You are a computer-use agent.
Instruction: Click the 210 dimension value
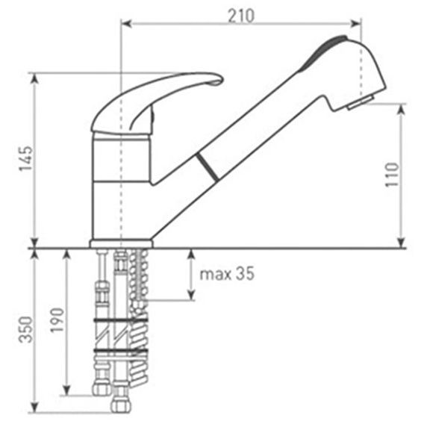[x=241, y=16]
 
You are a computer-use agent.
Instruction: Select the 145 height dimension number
[x=25, y=158]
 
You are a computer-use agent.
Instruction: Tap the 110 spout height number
[x=392, y=175]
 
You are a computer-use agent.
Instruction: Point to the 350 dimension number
[x=25, y=329]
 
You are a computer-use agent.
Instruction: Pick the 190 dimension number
[x=57, y=320]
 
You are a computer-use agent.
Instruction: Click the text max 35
[x=227, y=274]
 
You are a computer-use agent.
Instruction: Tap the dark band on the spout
[x=207, y=167]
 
